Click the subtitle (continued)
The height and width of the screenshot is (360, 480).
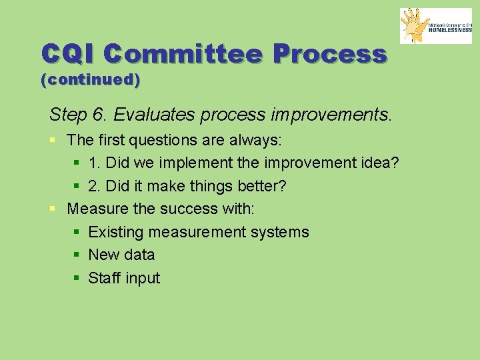[91, 80]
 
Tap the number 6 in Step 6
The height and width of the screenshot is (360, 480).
[99, 115]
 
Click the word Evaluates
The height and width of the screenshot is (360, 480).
[148, 115]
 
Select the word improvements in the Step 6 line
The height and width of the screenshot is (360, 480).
[331, 115]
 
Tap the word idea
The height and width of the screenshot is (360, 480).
[379, 163]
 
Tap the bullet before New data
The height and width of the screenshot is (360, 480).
[77, 255]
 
